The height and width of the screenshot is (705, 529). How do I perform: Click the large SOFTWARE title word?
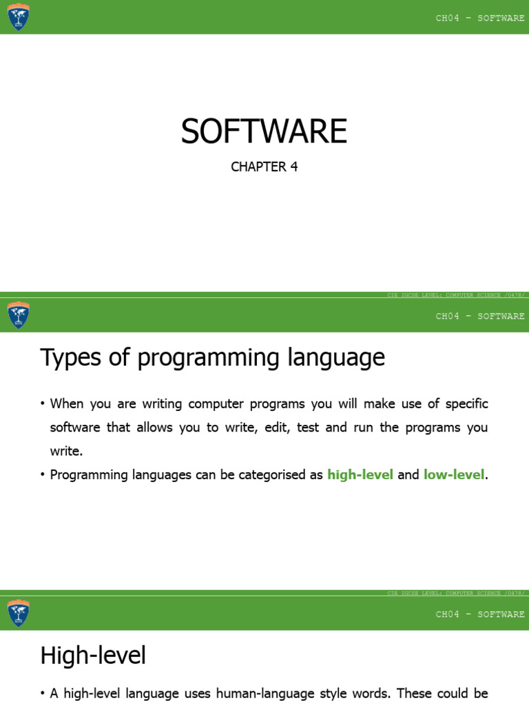(x=264, y=131)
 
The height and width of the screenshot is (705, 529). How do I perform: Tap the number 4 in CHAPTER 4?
(x=294, y=167)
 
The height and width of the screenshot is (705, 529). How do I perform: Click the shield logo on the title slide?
(x=19, y=17)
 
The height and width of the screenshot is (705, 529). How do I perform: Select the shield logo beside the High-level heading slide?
(x=19, y=613)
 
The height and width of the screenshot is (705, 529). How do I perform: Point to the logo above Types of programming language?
(x=19, y=315)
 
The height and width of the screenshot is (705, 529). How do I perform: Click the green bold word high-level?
(x=360, y=474)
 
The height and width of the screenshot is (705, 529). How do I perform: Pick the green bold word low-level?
(x=454, y=474)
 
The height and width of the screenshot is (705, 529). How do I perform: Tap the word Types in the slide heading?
(x=66, y=358)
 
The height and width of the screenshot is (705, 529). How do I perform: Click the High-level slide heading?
(x=93, y=655)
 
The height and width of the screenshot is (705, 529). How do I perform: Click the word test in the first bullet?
(x=308, y=427)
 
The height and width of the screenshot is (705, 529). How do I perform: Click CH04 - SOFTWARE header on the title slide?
(x=480, y=18)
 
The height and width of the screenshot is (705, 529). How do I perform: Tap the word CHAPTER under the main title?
(x=257, y=167)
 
